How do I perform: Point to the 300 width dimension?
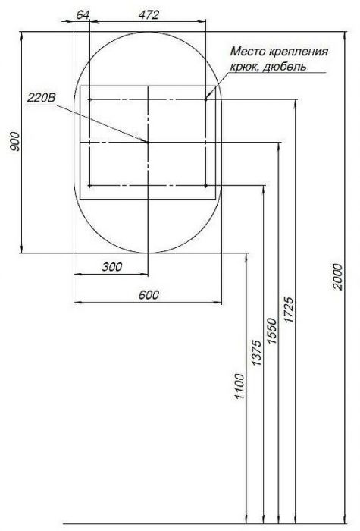tap(111, 266)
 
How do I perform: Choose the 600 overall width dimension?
tap(149, 295)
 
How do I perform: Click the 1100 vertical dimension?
tap(240, 387)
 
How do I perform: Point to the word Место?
tap(249, 52)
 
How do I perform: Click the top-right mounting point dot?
tap(206, 99)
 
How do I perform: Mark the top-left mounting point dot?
tap(90, 99)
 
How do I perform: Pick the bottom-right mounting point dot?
tap(206, 184)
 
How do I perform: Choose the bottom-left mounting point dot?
tap(90, 184)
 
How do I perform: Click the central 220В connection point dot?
tap(148, 142)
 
